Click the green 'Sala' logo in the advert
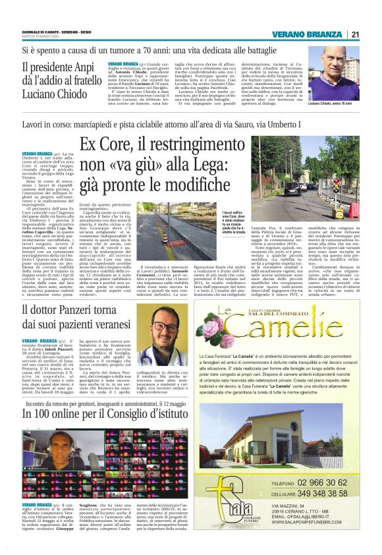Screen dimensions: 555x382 coord(227,504)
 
